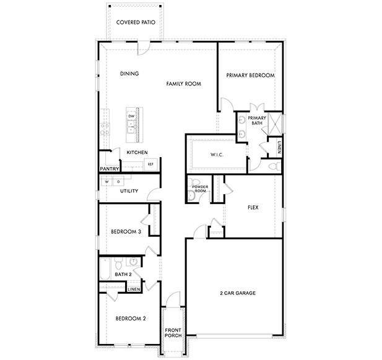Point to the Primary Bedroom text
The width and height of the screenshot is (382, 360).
tap(250, 75)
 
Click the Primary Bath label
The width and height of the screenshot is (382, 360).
tap(257, 121)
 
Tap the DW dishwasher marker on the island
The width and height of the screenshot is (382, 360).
tap(131, 116)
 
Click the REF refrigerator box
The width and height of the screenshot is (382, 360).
tap(150, 165)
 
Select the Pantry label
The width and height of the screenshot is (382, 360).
tap(109, 168)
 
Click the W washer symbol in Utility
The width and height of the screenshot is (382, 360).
tap(106, 182)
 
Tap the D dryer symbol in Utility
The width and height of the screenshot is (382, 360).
tap(118, 182)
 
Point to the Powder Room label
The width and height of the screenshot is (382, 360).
tap(199, 189)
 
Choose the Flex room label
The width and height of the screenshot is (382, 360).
tap(253, 208)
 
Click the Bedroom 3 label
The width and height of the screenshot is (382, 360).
tap(126, 232)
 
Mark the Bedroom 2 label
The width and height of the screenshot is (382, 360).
tap(131, 319)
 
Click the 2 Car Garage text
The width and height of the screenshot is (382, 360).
tap(238, 293)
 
